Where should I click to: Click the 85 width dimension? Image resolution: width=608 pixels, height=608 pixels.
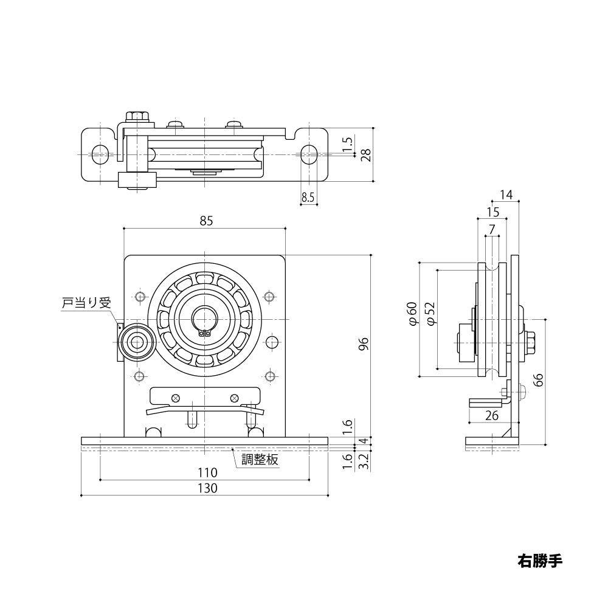(x=206, y=221)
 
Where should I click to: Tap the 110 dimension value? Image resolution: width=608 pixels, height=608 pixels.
(x=207, y=472)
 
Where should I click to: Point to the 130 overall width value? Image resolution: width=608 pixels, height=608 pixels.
(x=207, y=488)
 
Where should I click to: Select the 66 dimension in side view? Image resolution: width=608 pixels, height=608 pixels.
(x=538, y=381)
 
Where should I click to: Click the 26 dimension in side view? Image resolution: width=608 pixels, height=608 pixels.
(x=492, y=415)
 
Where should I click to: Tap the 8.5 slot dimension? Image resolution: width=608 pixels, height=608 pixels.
(x=308, y=197)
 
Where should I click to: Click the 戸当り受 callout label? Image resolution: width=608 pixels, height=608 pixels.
(x=88, y=302)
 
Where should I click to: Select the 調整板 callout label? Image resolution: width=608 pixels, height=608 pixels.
(x=260, y=460)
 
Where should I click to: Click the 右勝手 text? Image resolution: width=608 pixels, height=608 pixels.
(x=540, y=560)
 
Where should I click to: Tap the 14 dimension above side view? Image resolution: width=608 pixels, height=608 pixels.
(x=506, y=195)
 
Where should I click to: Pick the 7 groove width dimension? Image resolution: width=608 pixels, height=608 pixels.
(x=492, y=229)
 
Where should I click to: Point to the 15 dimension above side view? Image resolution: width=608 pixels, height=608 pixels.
(x=492, y=212)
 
